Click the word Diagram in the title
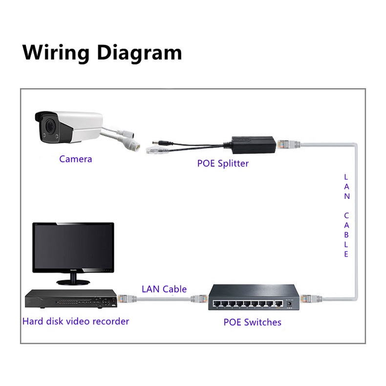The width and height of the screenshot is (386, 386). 139,52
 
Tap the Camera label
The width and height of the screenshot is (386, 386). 75,159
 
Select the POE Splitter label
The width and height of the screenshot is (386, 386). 223,163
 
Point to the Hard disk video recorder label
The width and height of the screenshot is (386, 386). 76,321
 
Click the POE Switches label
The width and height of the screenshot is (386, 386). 252,322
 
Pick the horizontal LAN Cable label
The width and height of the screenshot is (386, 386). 164,289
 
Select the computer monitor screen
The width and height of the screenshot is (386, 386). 73,247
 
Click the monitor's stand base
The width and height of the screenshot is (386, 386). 73,282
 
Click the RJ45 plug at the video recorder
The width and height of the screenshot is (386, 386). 124,297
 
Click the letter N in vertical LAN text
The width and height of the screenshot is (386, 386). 346,196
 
